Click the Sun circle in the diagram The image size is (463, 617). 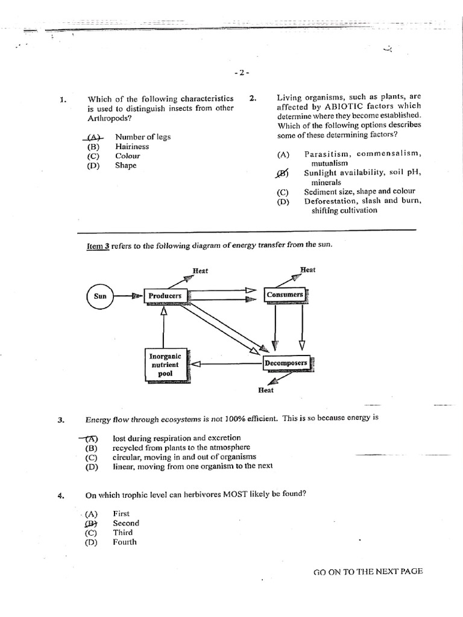[x=100, y=296]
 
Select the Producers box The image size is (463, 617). [x=165, y=296]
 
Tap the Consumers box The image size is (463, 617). [x=285, y=295]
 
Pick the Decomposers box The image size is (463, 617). [x=286, y=363]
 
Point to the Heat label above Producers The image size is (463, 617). [x=200, y=271]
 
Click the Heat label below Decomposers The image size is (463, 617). [x=265, y=390]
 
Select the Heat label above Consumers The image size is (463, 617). [x=307, y=269]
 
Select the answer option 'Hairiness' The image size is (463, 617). [x=132, y=146]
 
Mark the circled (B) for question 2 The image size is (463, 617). [x=282, y=174]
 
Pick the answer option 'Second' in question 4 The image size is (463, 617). [x=125, y=523]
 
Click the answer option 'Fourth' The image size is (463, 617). [x=125, y=542]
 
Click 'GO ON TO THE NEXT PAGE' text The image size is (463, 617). [x=368, y=571]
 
